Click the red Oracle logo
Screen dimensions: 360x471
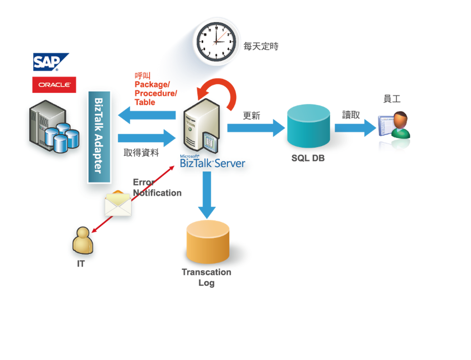click(54, 85)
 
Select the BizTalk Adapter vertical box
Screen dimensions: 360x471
click(99, 136)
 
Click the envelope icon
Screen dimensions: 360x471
click(118, 204)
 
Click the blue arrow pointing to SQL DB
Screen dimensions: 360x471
click(256, 128)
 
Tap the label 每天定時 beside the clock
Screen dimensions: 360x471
click(261, 46)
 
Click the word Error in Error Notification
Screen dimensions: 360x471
click(143, 182)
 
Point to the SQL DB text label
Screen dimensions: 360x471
click(308, 158)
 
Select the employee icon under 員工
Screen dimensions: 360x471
click(394, 132)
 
